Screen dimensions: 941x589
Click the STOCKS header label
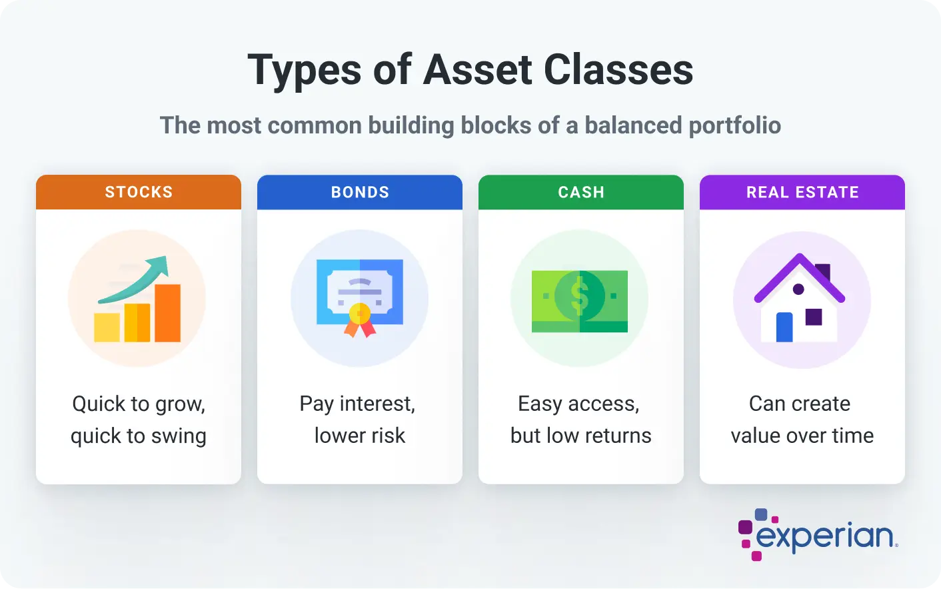point(139,192)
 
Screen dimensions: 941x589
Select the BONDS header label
point(360,192)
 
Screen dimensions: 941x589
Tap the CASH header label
point(581,192)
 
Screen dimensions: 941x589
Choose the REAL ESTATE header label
point(802,192)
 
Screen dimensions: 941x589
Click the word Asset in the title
point(478,69)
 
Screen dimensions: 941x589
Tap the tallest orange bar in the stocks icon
point(168,313)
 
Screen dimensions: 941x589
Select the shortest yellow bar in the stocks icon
point(107,327)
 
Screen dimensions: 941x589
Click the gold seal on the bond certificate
point(360,314)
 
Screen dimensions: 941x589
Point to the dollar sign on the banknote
point(580,296)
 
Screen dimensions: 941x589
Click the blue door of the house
point(784,327)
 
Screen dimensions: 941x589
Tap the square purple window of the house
point(814,317)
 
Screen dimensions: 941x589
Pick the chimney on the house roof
point(823,272)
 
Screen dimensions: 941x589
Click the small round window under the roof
point(798,289)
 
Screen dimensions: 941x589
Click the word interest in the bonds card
point(377,404)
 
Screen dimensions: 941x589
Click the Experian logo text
point(824,536)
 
